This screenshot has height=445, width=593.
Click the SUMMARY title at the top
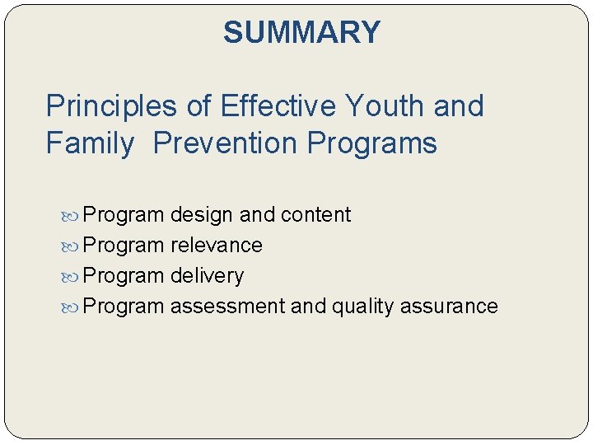tap(301, 33)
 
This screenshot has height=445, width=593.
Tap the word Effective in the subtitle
tap(278, 106)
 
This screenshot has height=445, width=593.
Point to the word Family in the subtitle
tap(90, 143)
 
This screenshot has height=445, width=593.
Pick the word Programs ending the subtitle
tap(371, 143)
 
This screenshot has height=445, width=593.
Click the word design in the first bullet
tap(202, 215)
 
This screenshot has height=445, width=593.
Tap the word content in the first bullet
tap(315, 215)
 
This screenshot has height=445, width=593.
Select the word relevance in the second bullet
tap(216, 246)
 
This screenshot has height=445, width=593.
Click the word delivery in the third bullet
tap(207, 276)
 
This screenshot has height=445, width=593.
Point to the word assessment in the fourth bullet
tap(227, 307)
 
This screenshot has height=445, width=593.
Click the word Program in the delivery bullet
tap(124, 276)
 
